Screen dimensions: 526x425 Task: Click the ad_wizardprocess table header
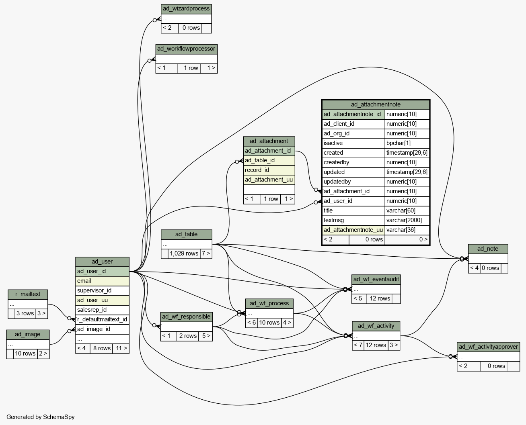pos(186,9)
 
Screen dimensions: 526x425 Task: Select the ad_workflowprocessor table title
pos(187,49)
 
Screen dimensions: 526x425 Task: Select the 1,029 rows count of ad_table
pos(184,253)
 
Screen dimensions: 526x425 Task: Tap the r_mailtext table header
pos(28,294)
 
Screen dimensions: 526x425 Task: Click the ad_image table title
pos(28,335)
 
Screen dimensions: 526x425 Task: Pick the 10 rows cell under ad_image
pos(25,354)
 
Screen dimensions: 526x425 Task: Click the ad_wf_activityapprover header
pos(488,347)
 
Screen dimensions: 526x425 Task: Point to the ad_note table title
pos(488,249)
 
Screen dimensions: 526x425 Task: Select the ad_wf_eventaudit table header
pos(376,279)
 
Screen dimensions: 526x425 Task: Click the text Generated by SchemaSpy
pos(41,417)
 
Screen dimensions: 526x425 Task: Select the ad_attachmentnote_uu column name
pos(353,230)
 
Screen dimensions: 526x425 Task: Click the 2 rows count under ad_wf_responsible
pos(187,336)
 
